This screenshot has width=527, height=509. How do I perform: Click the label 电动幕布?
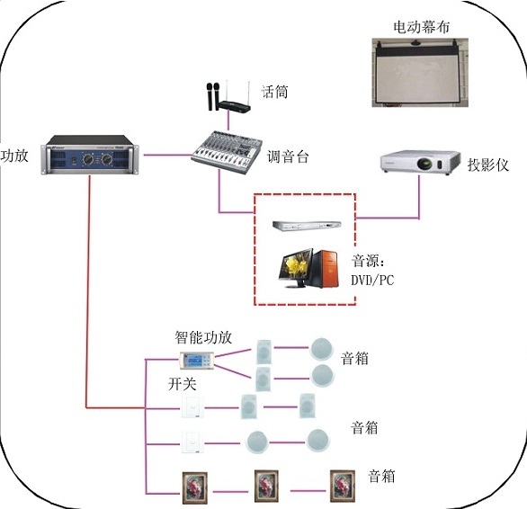(x=421, y=27)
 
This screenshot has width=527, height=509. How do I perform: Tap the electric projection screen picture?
(x=420, y=73)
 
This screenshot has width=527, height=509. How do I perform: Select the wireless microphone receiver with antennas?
(x=234, y=104)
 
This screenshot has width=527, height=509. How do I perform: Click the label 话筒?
(x=274, y=92)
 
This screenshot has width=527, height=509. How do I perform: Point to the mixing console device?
(x=227, y=152)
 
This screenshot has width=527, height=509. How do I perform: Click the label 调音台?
(x=288, y=157)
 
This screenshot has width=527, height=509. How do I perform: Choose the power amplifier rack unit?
(x=90, y=155)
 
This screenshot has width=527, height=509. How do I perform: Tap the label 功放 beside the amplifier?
(x=14, y=156)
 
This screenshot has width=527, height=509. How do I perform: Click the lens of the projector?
(x=424, y=164)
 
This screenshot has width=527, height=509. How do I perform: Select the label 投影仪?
(x=488, y=165)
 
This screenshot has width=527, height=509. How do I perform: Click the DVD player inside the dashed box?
(x=307, y=226)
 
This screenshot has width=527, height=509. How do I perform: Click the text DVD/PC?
(x=372, y=280)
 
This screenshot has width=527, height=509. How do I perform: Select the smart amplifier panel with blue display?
(x=197, y=361)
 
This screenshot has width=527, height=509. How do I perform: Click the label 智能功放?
(x=203, y=337)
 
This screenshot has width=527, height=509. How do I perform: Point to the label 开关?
(x=182, y=384)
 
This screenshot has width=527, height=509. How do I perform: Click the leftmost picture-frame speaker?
(x=194, y=487)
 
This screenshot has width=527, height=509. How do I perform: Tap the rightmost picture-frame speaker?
(x=343, y=487)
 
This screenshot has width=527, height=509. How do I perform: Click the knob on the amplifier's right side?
(x=107, y=158)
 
